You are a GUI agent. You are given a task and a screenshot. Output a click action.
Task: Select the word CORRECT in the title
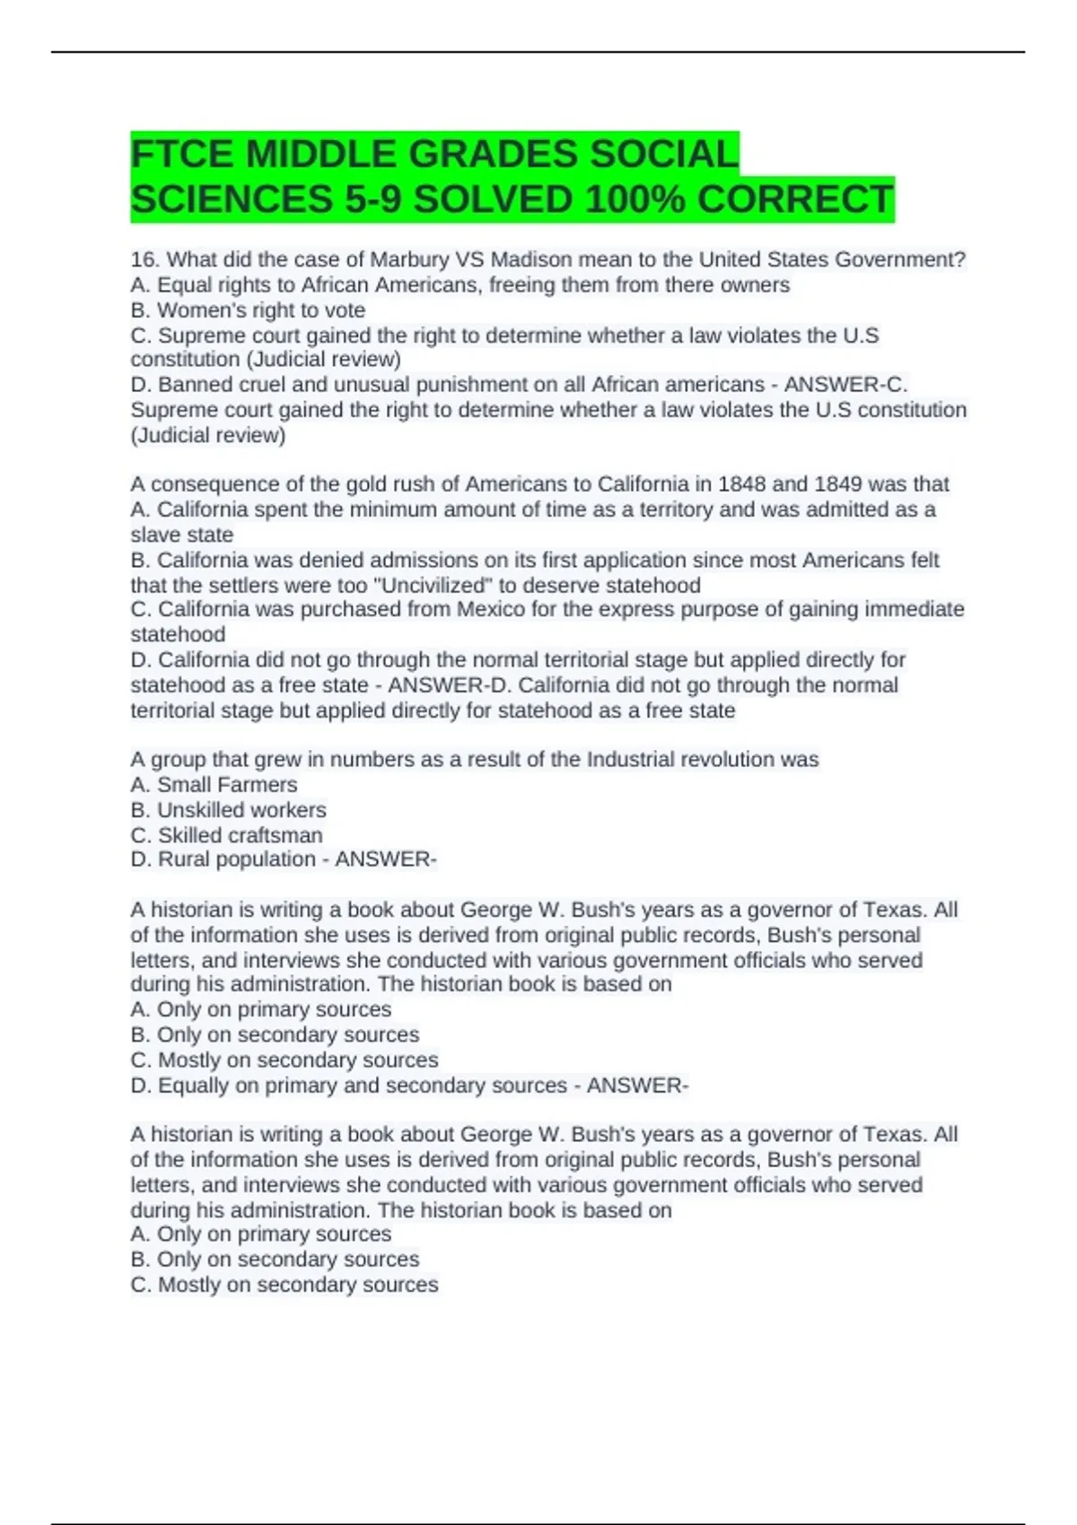coord(795,199)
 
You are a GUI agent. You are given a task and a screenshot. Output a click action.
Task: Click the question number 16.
coord(144,260)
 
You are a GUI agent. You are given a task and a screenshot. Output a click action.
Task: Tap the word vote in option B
coord(346,310)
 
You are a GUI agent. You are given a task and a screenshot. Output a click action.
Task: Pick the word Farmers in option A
coord(258,785)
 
